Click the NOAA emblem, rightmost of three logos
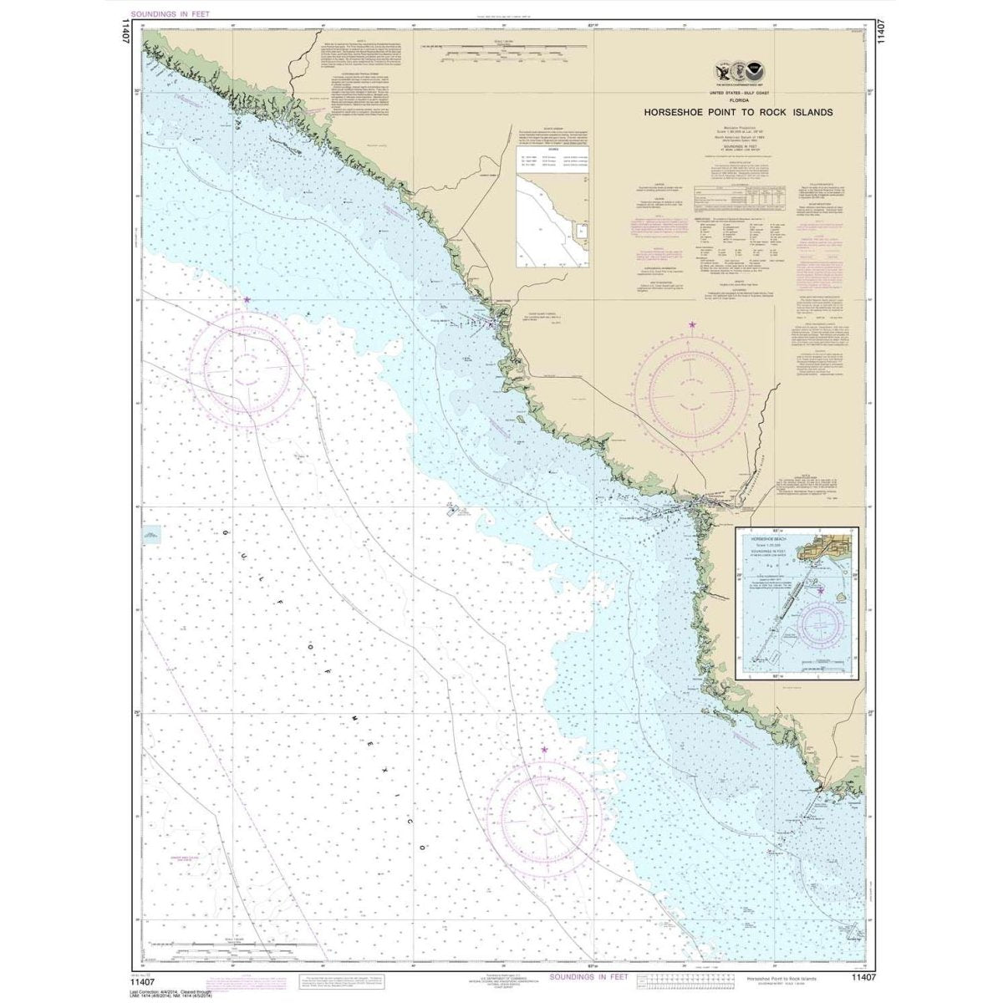pyautogui.click(x=755, y=72)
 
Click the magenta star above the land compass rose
pyautogui.click(x=691, y=324)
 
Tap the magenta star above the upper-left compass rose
pyautogui.click(x=246, y=299)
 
